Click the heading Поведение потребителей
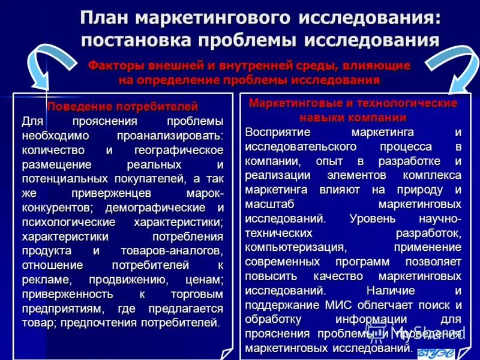tap(122, 107)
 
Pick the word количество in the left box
tap(53, 149)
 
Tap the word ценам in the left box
tap(204, 280)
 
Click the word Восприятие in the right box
tap(277, 131)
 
